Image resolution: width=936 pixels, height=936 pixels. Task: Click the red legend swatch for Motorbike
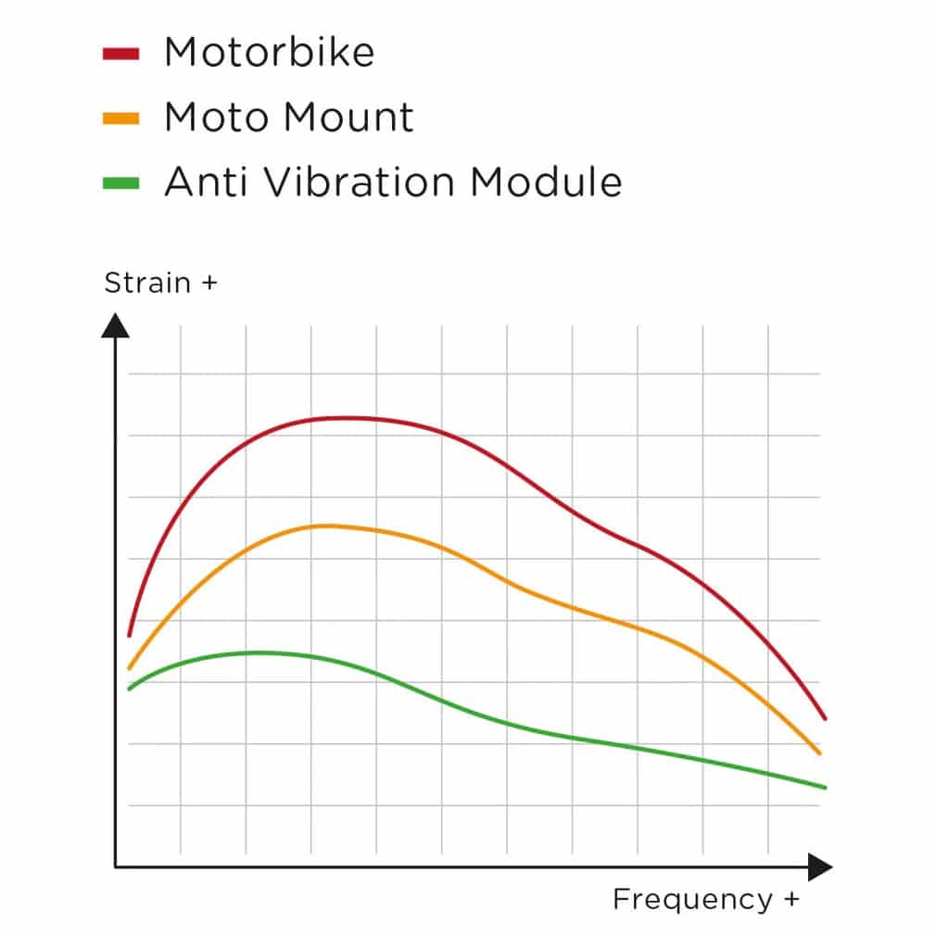point(120,54)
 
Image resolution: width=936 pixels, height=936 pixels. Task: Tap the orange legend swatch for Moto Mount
point(120,118)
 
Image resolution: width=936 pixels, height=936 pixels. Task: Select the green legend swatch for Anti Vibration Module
point(120,183)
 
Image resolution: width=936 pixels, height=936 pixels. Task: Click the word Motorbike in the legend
point(269,53)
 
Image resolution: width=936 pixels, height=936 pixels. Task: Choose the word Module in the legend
point(546,182)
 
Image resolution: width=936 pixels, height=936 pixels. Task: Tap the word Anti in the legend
point(205,182)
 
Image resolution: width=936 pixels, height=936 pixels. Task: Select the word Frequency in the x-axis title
point(691,899)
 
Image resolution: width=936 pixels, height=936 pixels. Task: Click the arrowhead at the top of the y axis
point(115,325)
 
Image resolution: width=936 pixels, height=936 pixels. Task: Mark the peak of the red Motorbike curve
point(345,418)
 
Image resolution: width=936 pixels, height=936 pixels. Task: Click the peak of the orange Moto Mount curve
point(324,525)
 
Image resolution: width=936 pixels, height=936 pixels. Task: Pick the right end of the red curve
point(824,718)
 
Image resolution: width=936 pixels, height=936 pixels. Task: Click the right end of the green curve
point(824,788)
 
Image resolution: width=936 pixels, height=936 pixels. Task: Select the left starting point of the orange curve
point(129,668)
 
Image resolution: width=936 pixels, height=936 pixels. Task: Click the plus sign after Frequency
point(791,900)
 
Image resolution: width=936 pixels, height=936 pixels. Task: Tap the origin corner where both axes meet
point(115,867)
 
